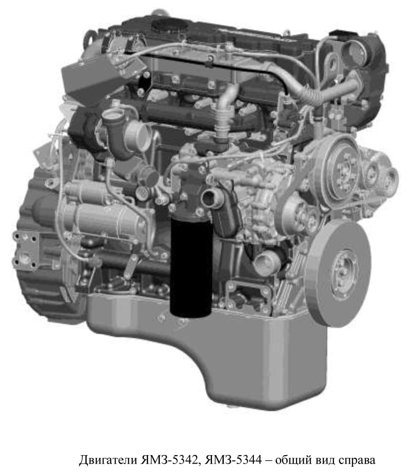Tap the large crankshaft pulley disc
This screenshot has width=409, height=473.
(338, 273)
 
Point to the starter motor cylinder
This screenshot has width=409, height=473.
(100, 216)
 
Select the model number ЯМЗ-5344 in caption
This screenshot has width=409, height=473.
(233, 460)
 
